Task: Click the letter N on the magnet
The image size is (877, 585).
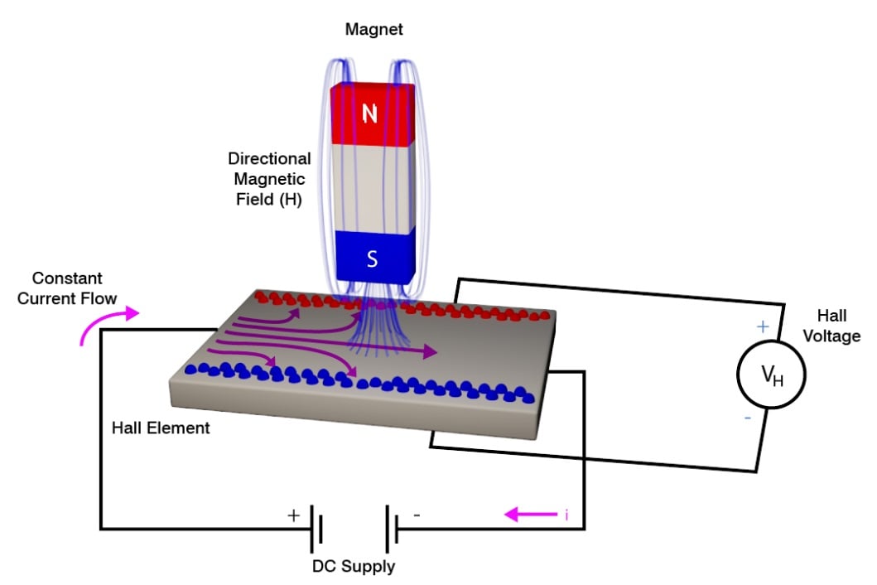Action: pyautogui.click(x=370, y=114)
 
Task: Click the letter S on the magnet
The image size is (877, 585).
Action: pyautogui.click(x=372, y=259)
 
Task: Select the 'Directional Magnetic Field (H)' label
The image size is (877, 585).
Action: pyautogui.click(x=270, y=179)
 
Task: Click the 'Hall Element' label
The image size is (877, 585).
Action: pyautogui.click(x=161, y=428)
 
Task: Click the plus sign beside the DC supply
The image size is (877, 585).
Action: pyautogui.click(x=292, y=515)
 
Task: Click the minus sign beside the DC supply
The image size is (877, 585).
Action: pyautogui.click(x=417, y=515)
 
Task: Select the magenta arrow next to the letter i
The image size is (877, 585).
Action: pyautogui.click(x=530, y=515)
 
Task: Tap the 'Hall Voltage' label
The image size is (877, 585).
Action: pyautogui.click(x=838, y=326)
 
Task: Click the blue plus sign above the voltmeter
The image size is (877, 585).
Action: pyautogui.click(x=763, y=326)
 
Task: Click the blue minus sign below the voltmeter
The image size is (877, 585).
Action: pyautogui.click(x=748, y=418)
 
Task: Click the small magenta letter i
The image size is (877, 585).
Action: pyautogui.click(x=566, y=515)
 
